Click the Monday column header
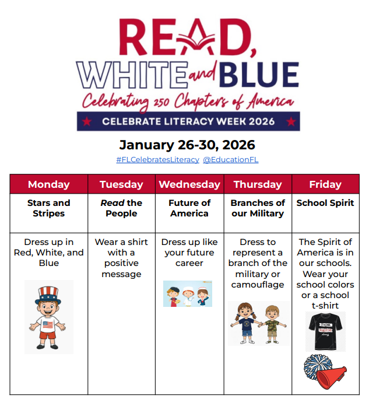[x=49, y=184]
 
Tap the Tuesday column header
[x=121, y=184]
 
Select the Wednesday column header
[x=189, y=184]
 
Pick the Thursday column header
[x=258, y=184]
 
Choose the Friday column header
[x=325, y=184]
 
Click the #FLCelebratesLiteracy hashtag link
[x=157, y=159]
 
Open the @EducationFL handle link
[x=230, y=159]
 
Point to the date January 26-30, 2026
[x=187, y=145]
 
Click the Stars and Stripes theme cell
[x=49, y=208]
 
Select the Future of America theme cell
[x=189, y=208]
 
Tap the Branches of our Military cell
[x=258, y=208]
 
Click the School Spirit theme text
[x=325, y=203]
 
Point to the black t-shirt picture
[x=325, y=331]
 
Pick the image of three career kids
[x=188, y=293]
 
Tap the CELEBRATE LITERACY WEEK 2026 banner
[x=188, y=121]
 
